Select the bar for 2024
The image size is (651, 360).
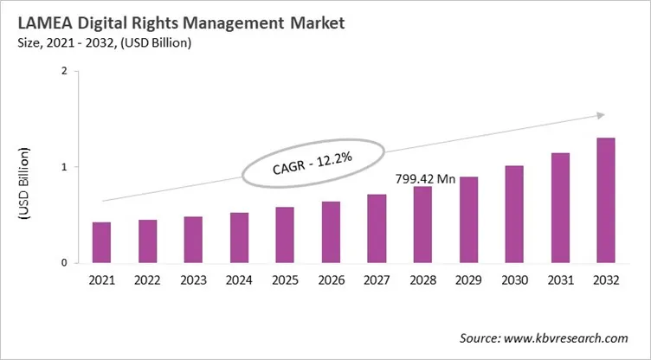click(240, 237)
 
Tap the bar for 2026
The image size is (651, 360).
click(332, 232)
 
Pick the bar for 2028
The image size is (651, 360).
click(423, 224)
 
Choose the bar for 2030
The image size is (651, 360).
click(515, 214)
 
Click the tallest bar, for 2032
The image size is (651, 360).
click(607, 200)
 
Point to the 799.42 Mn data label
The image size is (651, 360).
click(426, 178)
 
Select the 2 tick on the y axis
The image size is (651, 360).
click(64, 72)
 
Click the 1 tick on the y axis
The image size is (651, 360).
click(64, 167)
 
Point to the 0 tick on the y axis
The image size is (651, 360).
click(64, 262)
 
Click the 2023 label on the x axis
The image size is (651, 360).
click(194, 281)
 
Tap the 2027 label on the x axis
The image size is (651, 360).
click(377, 281)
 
